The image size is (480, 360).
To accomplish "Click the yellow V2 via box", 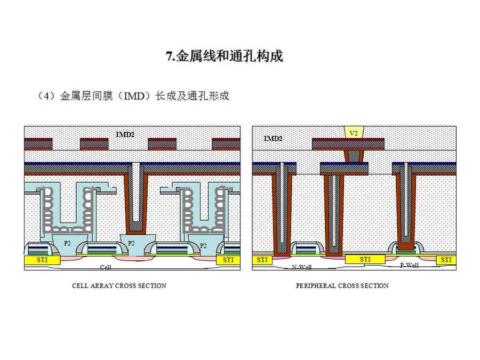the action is pos(353,132).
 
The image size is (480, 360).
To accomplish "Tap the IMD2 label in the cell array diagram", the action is pos(125,134).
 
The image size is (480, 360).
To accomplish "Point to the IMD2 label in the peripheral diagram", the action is pos(273,139).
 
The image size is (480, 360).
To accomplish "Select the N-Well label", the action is pos(302,267).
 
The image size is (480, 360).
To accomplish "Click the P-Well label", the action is pos(409,265).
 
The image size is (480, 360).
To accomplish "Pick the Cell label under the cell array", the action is pos(106,267).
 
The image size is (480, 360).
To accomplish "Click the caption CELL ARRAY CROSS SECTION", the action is pos(119,286).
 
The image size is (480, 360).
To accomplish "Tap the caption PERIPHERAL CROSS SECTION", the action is pos(342,286).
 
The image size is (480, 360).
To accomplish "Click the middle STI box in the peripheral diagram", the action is pos(365,259).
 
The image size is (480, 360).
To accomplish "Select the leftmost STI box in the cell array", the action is pos(41,260).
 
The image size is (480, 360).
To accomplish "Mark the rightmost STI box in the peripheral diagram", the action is pos(446,260).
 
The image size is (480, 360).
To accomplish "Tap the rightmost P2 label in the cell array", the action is pos(203,245).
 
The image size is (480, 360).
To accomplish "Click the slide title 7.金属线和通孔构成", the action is pos(224,56).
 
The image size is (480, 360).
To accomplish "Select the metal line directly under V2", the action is pos(348,144).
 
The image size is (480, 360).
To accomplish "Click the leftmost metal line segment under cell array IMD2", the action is pos(38,144).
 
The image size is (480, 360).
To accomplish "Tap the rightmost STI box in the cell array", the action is pos(228,260).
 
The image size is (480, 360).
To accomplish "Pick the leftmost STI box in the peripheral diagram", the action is pos(262,260).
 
